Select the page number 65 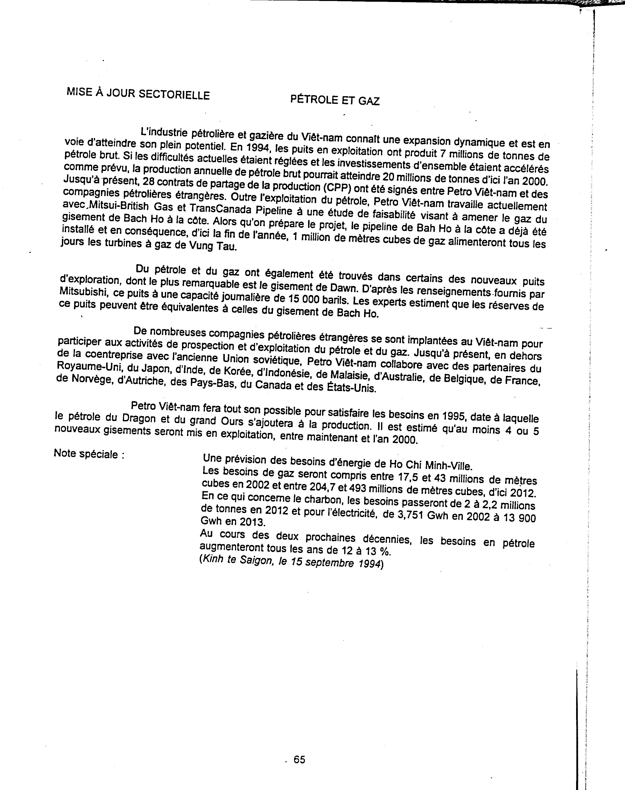pos(299,760)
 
